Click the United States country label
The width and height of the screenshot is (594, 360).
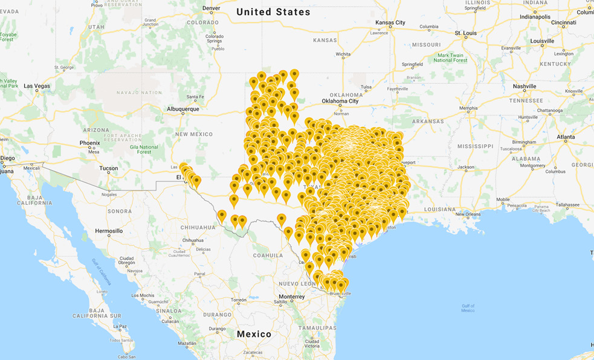(x=273, y=12)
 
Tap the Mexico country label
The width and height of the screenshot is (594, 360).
(x=254, y=334)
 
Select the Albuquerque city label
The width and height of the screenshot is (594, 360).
(x=182, y=109)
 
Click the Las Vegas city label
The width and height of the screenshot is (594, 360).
(x=37, y=86)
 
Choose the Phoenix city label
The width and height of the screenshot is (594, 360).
(x=89, y=143)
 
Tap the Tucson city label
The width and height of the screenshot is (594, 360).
(x=109, y=168)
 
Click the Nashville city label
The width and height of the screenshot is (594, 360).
(x=524, y=86)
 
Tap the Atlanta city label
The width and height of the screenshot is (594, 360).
(x=566, y=137)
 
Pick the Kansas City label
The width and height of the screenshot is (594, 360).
(x=390, y=22)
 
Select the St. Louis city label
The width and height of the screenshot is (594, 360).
(x=466, y=33)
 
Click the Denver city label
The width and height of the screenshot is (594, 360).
(x=211, y=8)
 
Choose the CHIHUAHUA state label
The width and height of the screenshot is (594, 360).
(x=198, y=227)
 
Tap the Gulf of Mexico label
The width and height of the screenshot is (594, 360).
(x=468, y=308)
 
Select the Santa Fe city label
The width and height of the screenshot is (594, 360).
(x=195, y=97)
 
